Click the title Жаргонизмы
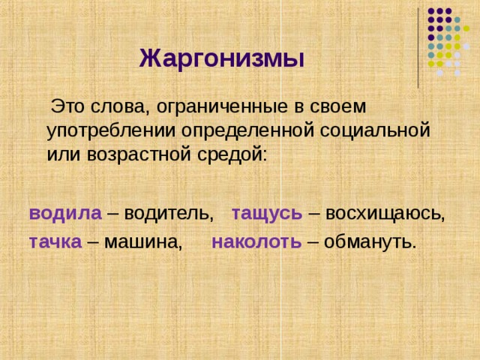221,58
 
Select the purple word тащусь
267,213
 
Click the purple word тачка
55,241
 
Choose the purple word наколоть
256,241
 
